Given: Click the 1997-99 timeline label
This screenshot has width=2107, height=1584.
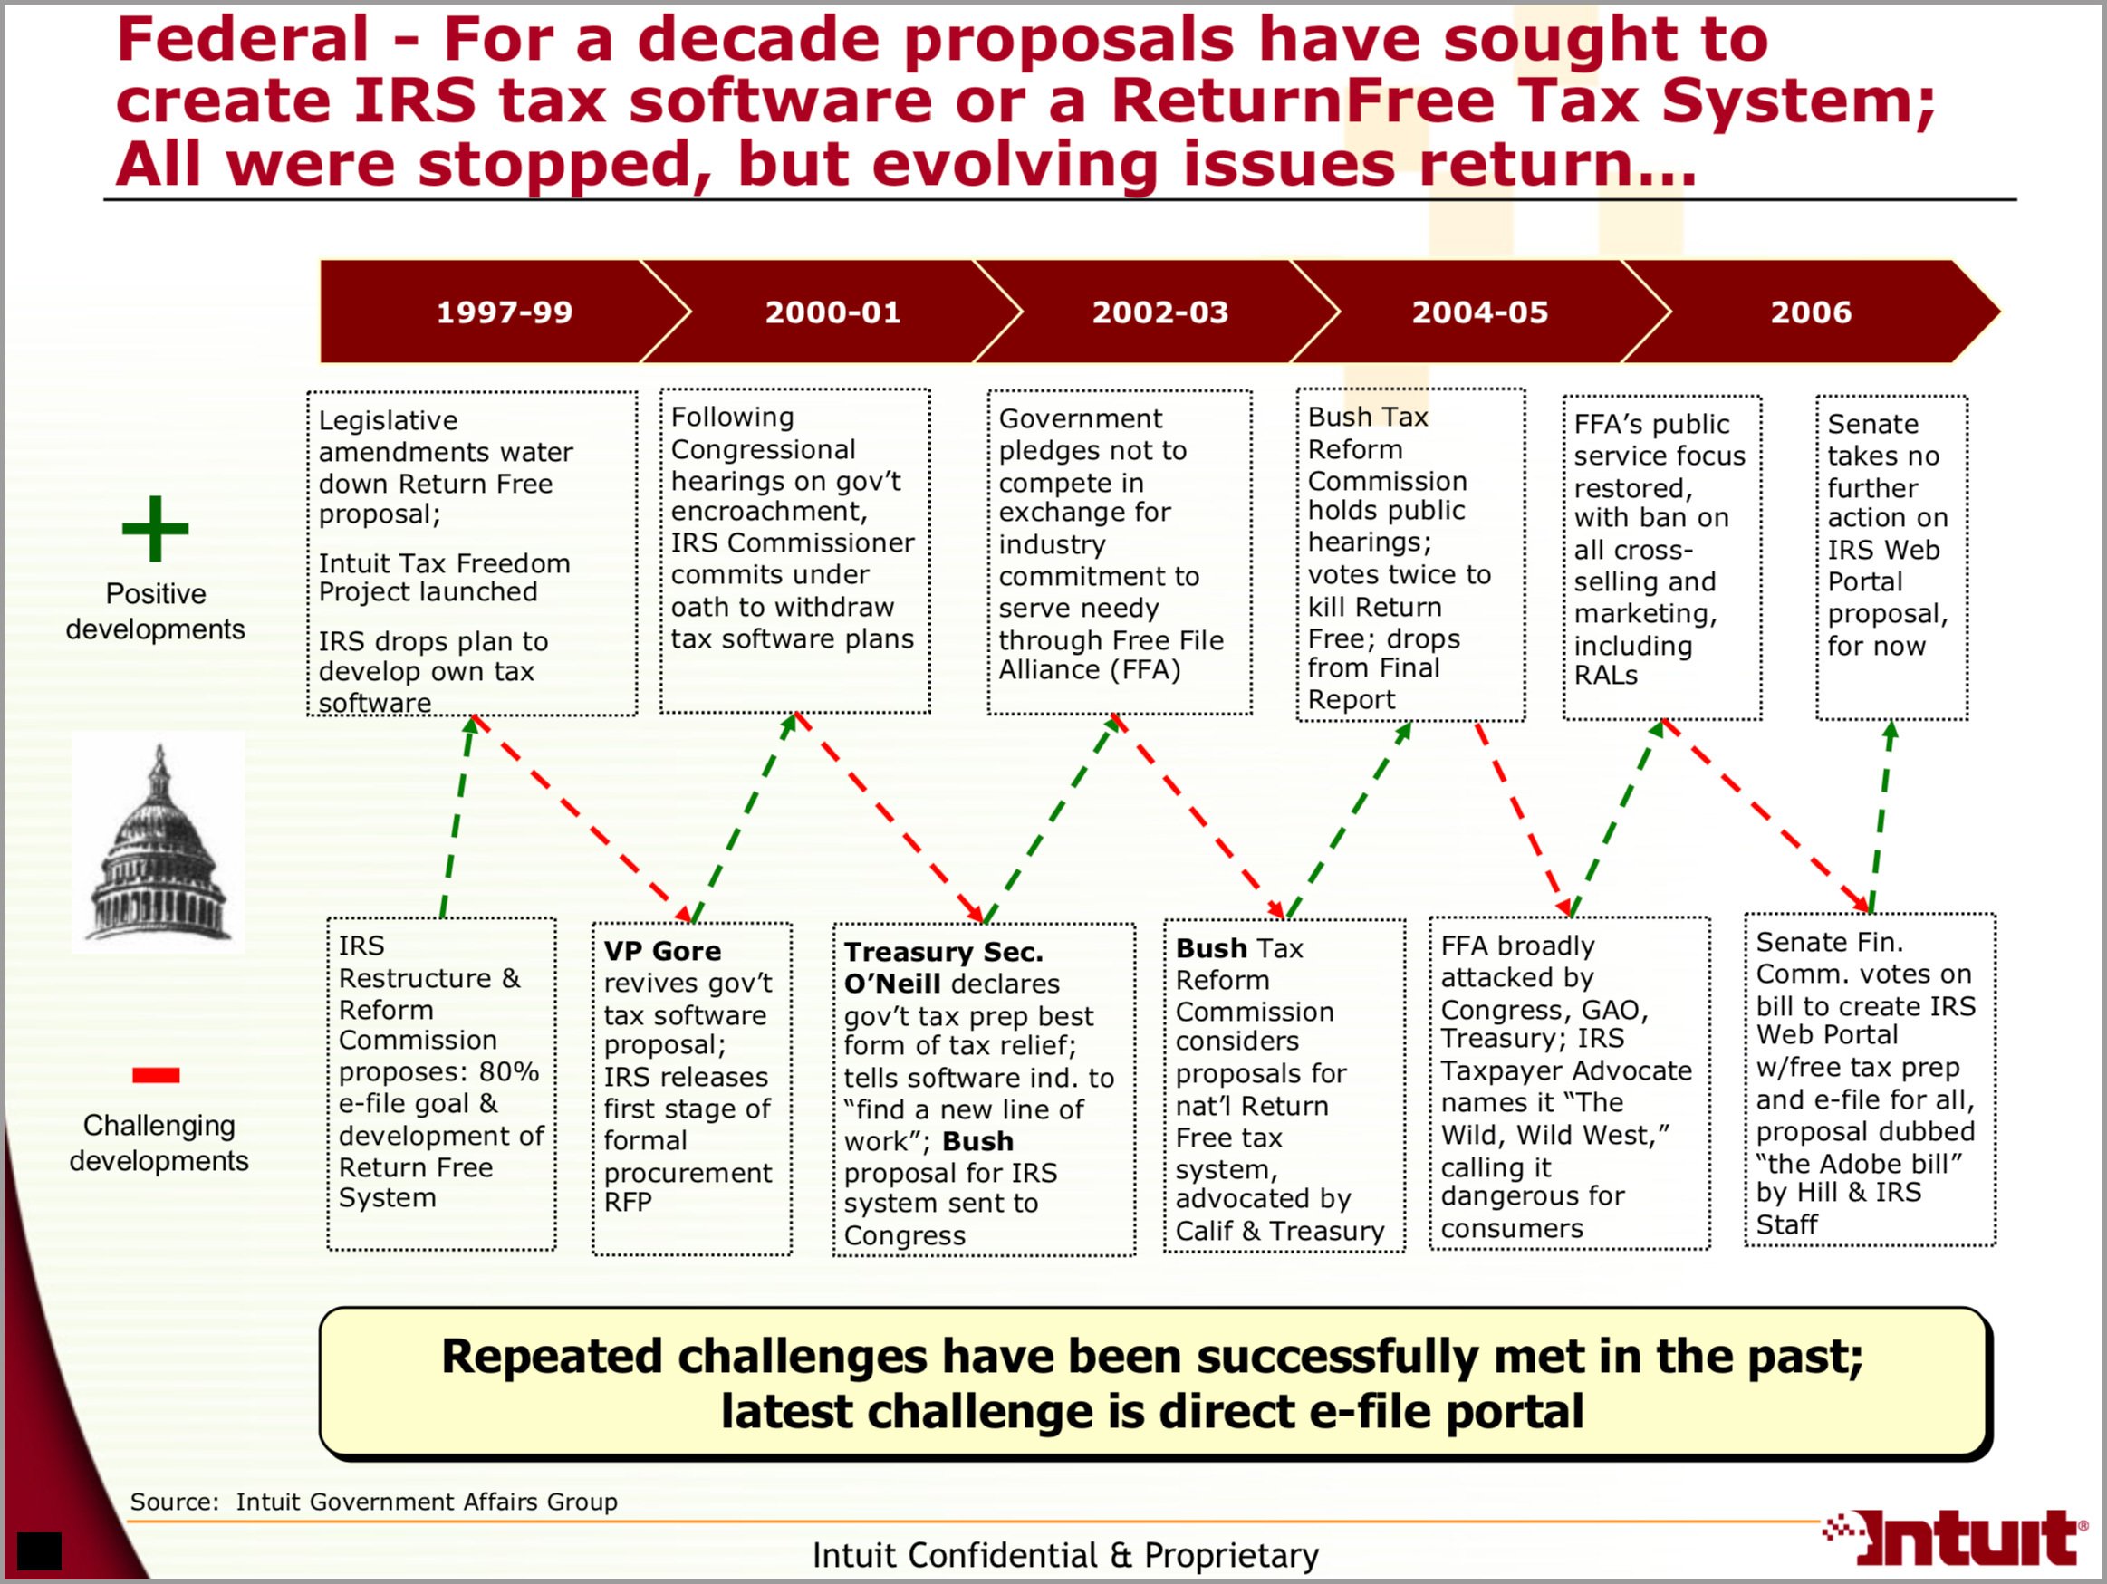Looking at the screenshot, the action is tap(504, 312).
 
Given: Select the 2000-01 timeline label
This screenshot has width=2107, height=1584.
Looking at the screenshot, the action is tap(832, 312).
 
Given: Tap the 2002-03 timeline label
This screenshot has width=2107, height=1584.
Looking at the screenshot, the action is tap(1160, 312).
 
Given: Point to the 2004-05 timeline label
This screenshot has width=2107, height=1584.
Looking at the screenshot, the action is tap(1480, 312).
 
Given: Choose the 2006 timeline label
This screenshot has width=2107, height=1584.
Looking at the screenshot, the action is tap(1811, 312).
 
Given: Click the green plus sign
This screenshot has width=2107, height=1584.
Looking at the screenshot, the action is tap(155, 529).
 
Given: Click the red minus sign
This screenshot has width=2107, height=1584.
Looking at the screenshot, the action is tap(156, 1075).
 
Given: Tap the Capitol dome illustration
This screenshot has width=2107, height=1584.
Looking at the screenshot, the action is tap(159, 843).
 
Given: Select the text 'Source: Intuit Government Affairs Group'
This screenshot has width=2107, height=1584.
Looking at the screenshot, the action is tap(373, 1502).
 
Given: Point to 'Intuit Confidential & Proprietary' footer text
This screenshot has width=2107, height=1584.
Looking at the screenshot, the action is tap(1065, 1554).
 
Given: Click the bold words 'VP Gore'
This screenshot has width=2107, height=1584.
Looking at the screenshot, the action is tap(662, 951).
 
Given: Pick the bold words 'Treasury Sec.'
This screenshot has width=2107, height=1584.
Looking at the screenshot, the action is tap(944, 952).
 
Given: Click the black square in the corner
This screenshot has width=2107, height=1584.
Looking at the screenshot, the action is tap(39, 1551).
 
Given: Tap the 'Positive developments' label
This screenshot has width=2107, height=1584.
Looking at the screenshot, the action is tap(155, 611).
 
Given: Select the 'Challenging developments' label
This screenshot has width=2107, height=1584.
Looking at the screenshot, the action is tap(159, 1143).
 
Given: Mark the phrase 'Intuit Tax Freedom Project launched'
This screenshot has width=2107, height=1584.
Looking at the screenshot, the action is tap(444, 577).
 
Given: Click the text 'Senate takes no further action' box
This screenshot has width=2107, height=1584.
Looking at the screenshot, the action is tap(1891, 557).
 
